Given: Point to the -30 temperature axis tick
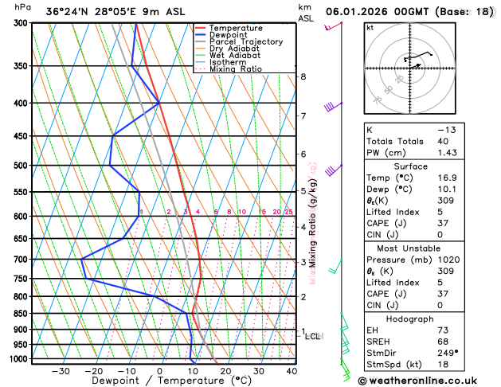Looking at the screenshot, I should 60,371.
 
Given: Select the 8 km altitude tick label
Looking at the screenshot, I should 303,76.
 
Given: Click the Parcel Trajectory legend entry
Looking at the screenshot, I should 245,41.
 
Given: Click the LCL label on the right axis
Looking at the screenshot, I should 312,336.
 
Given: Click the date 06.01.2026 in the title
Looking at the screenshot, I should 359,11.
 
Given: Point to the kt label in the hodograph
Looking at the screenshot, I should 370,27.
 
